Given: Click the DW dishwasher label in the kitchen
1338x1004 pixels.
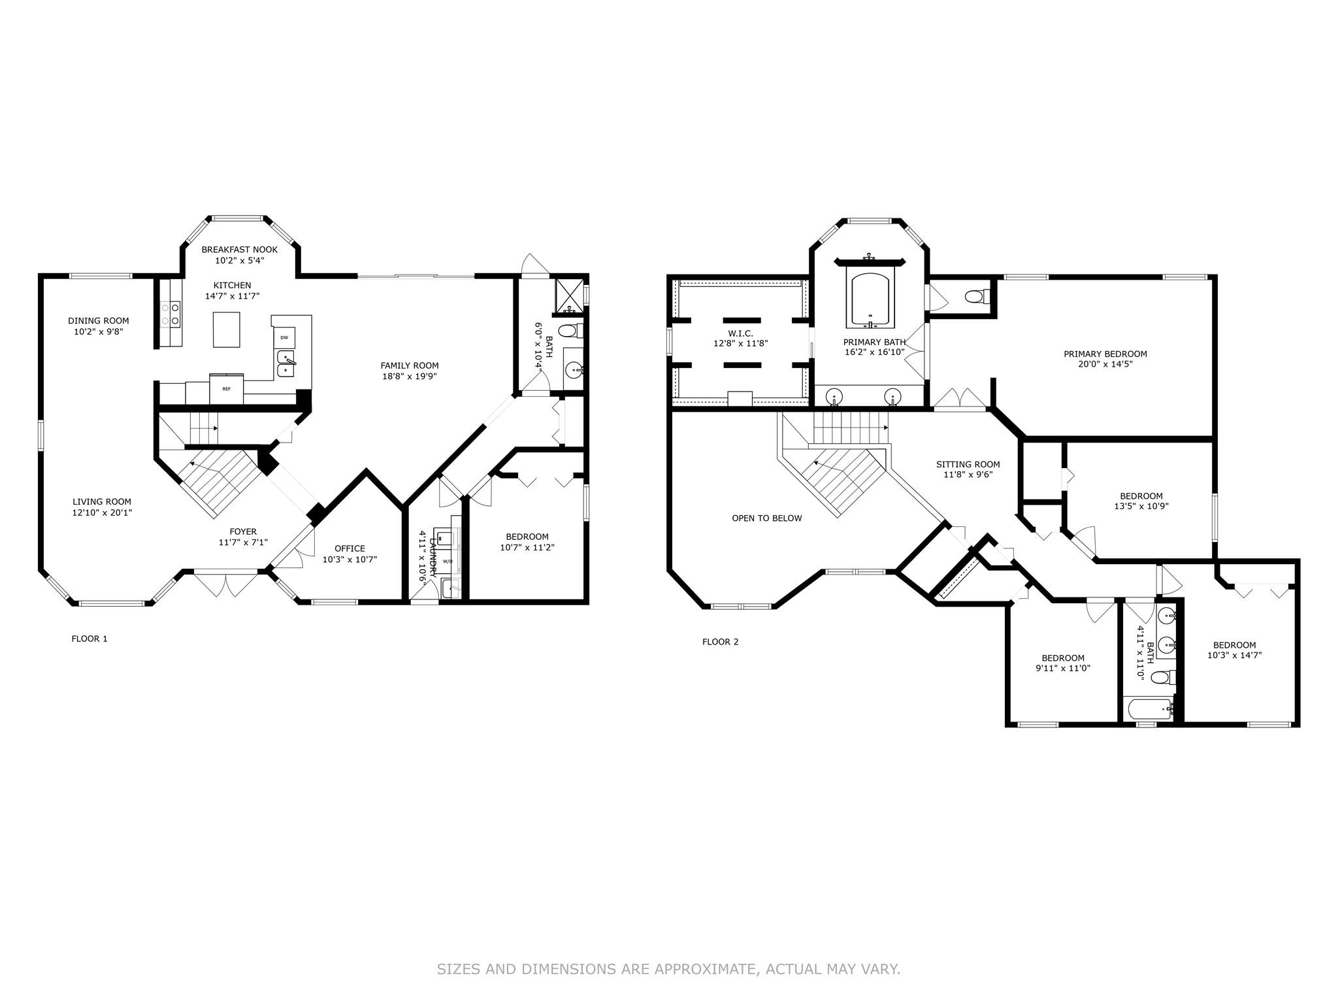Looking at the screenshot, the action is click(284, 337).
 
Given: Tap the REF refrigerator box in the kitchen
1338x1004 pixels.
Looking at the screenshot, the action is click(227, 389).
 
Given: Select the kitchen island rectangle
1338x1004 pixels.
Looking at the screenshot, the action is click(227, 329).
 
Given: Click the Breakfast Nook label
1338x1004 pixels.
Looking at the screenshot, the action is click(239, 250).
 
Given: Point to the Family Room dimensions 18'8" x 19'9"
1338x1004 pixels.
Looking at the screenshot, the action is click(410, 376).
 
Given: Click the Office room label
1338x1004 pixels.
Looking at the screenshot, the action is click(350, 548).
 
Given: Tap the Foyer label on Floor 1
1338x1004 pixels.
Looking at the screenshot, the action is click(243, 531).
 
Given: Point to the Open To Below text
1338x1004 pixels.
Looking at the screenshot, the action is click(767, 518).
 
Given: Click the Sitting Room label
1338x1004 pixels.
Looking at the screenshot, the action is click(968, 465).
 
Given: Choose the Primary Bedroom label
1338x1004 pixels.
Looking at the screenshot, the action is click(1105, 354).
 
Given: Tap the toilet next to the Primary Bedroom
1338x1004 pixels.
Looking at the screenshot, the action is click(977, 297).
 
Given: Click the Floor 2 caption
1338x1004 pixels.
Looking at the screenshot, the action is click(721, 642).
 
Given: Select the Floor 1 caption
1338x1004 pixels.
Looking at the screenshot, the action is click(90, 639).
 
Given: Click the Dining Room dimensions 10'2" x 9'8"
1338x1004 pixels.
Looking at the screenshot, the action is click(99, 331).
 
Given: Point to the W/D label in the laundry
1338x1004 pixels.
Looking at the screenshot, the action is click(448, 561).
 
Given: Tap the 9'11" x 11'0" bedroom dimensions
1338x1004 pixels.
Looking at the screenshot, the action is click(1063, 668).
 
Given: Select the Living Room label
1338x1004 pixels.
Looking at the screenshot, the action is click(102, 502).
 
